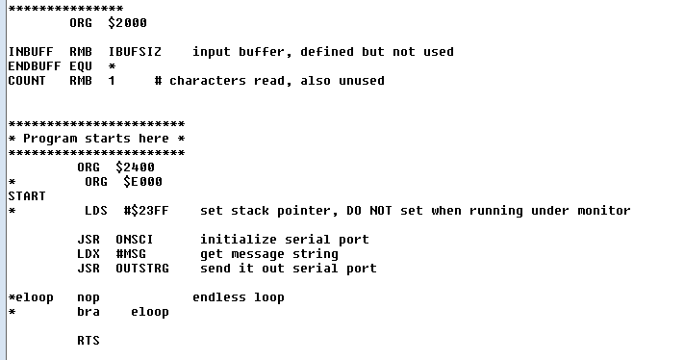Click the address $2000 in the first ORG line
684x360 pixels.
pyautogui.click(x=127, y=22)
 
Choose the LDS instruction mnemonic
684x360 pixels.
pyautogui.click(x=96, y=210)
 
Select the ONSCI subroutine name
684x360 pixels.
pyautogui.click(x=135, y=239)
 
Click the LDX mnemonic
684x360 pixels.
pyautogui.click(x=89, y=253)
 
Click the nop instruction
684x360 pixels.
pyautogui.click(x=89, y=296)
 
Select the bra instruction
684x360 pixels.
pyautogui.click(x=89, y=311)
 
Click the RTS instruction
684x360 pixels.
pyautogui.click(x=89, y=340)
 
